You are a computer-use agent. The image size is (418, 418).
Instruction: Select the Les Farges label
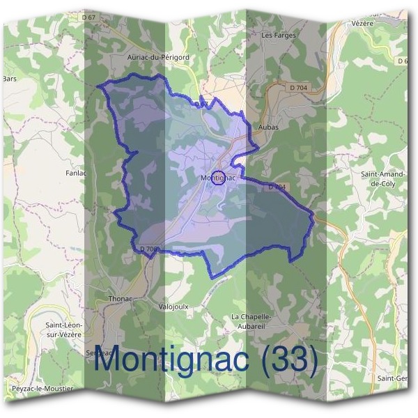pyautogui.click(x=278, y=35)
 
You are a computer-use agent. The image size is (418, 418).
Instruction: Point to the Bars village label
pyautogui.click(x=8, y=79)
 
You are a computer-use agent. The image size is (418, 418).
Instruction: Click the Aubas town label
pyautogui.click(x=268, y=127)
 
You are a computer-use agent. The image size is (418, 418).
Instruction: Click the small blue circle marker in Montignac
pyautogui.click(x=218, y=178)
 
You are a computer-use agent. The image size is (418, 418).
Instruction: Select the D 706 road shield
pyautogui.click(x=150, y=249)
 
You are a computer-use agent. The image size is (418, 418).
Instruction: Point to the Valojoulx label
pyautogui.click(x=173, y=306)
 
